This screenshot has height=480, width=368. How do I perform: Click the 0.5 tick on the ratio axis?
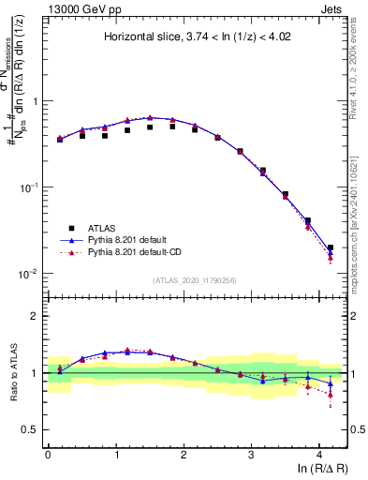(x=30, y=429)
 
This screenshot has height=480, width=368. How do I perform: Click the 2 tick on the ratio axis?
(x=35, y=316)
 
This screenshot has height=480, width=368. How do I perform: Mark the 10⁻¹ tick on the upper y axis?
(x=28, y=187)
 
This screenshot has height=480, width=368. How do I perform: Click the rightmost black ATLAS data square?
(x=330, y=248)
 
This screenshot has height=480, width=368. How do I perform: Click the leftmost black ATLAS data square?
(x=60, y=139)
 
